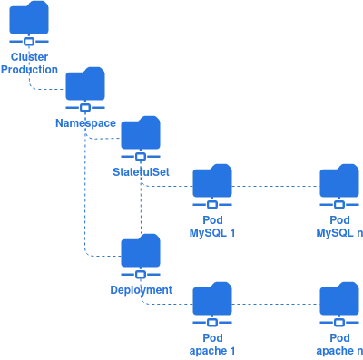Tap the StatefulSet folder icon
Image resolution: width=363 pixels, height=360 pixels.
tap(141, 134)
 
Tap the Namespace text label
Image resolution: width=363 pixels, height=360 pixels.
tap(85, 121)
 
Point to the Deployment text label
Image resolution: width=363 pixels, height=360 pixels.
tap(141, 289)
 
